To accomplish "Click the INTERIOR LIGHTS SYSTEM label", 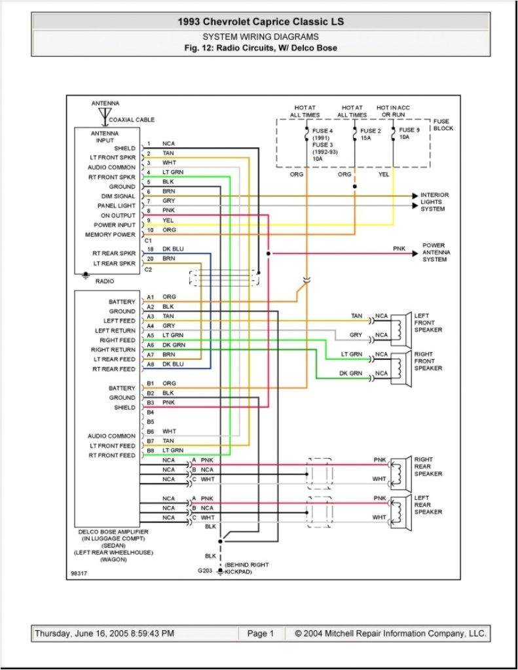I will [x=435, y=202].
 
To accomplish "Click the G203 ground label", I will [x=205, y=571].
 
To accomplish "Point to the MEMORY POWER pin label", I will [x=110, y=234].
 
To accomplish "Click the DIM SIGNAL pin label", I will [x=118, y=196].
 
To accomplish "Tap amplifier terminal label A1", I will [x=150, y=297].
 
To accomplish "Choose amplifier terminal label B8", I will [x=150, y=451].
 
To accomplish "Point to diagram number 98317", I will [x=79, y=574].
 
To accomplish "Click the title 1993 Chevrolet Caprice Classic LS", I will [x=260, y=22].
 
